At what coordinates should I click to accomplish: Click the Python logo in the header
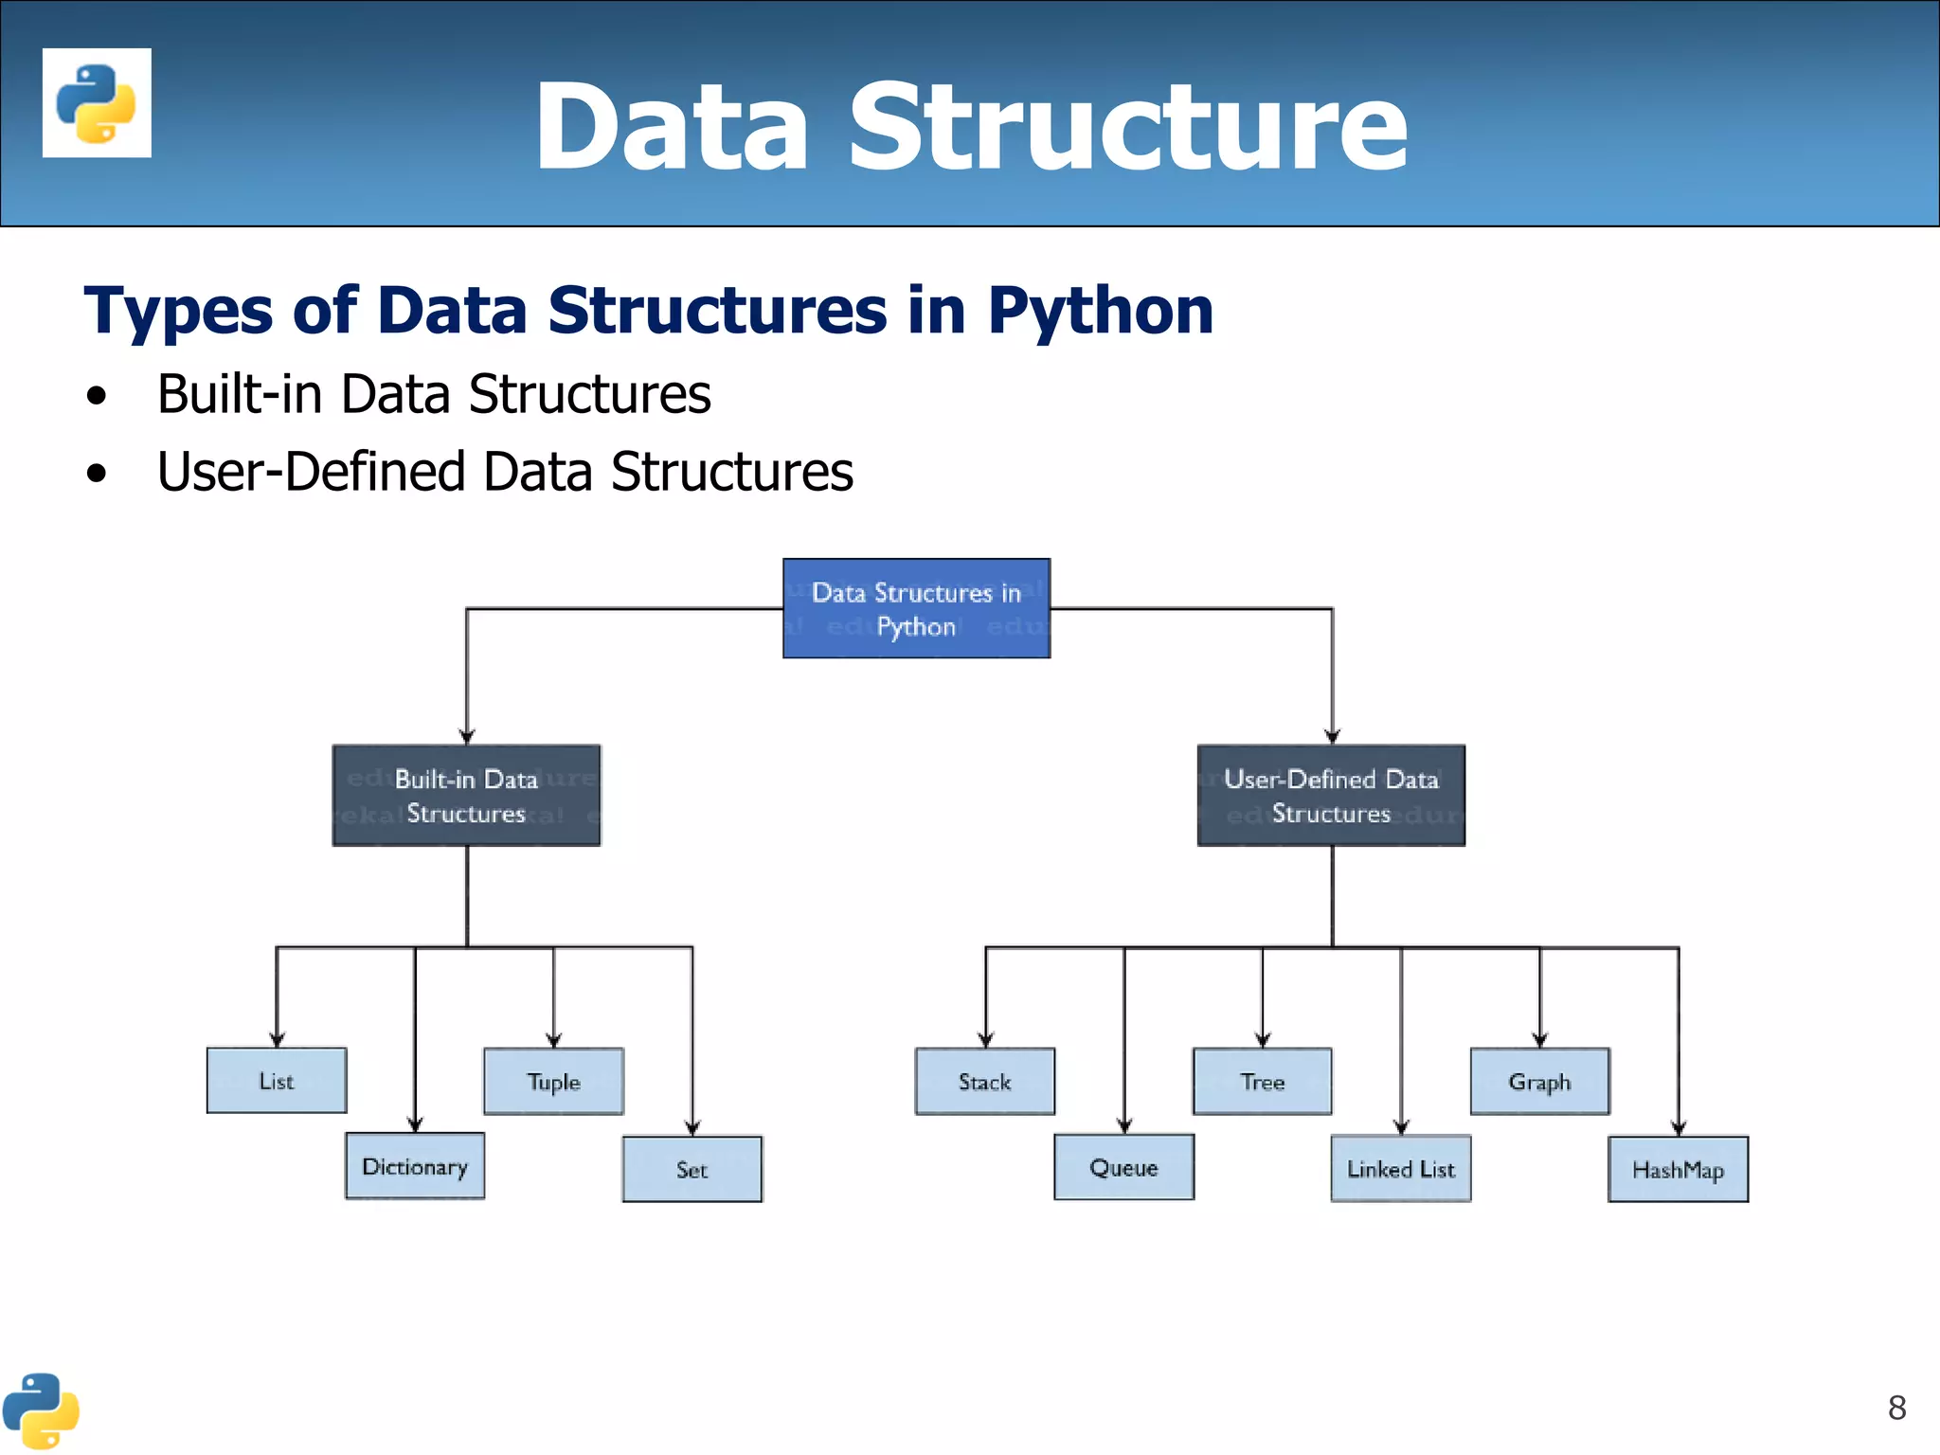coord(97,102)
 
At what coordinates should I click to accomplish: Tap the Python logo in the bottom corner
coord(41,1410)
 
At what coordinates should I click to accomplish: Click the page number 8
coord(1896,1408)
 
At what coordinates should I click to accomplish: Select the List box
coord(277,1080)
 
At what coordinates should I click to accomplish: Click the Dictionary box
coord(415,1166)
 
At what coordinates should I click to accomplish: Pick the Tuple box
coord(554,1081)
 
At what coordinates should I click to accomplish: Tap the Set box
coord(692,1169)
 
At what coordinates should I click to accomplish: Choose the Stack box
coord(985,1081)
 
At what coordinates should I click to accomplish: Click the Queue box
coord(1124,1167)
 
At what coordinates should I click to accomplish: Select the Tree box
coord(1263,1081)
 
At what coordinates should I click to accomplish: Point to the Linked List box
coord(1401,1169)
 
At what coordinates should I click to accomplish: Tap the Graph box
coord(1540,1081)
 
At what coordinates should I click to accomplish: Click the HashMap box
coord(1679,1170)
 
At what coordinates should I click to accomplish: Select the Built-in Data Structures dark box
coord(466,796)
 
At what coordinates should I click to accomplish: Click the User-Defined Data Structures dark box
coord(1331,796)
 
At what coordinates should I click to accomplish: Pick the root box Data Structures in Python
coord(917,608)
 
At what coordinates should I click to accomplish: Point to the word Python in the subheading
coord(1100,310)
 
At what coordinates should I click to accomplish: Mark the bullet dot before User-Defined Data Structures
coord(97,473)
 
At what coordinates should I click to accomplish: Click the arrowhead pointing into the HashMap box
coord(1679,1128)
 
